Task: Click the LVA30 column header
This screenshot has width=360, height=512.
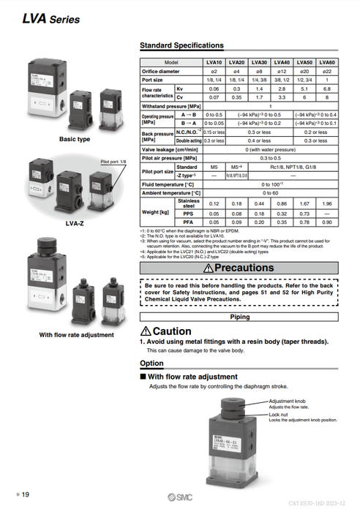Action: [258, 63]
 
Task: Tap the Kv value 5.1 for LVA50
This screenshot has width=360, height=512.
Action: [304, 88]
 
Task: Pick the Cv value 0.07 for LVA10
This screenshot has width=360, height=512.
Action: [214, 96]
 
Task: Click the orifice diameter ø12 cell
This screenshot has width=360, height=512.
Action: [281, 71]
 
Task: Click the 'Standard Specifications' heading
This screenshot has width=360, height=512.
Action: [181, 45]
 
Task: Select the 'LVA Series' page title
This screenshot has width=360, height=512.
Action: [50, 19]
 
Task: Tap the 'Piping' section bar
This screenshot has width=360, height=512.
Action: [239, 317]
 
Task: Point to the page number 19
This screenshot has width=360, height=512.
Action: [25, 495]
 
